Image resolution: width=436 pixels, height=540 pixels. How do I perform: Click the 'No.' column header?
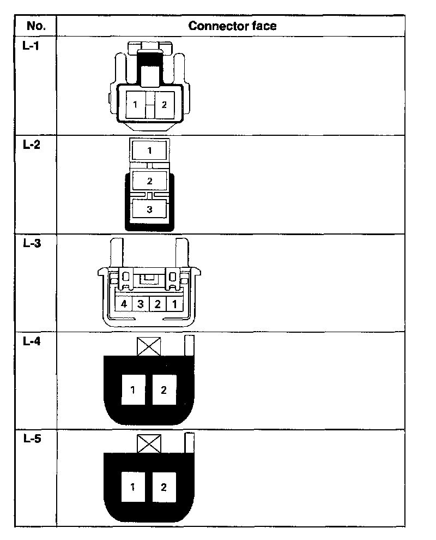pos(35,26)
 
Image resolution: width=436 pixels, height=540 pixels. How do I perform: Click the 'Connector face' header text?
pos(232,26)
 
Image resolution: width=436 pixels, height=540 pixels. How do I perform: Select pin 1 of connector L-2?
pos(149,150)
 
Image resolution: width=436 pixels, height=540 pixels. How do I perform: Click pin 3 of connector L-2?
pos(149,208)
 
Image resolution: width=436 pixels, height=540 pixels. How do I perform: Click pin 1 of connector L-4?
pos(134,389)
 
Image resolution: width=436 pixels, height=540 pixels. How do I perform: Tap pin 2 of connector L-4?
pos(164,389)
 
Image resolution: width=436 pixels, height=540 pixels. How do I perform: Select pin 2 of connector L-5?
pos(164,487)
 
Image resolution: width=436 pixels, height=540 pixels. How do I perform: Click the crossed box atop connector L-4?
pos(149,346)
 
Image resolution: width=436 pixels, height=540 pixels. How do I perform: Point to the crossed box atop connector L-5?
pos(149,444)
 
